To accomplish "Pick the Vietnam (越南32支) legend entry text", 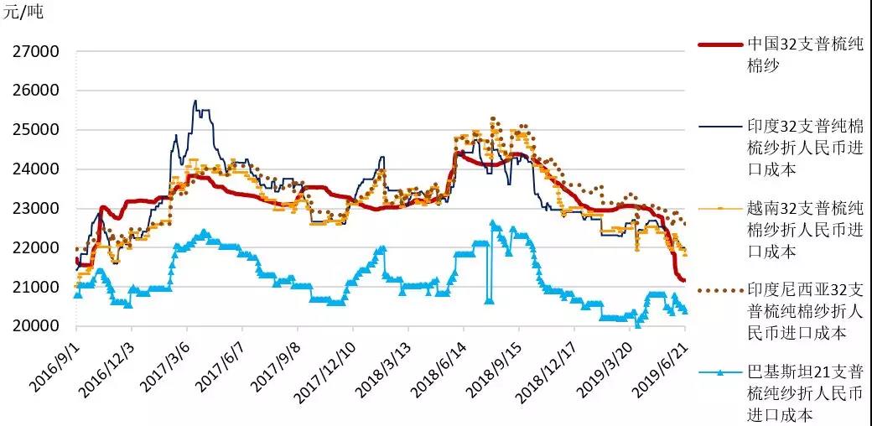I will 805,229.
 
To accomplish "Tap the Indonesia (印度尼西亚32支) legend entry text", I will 805,311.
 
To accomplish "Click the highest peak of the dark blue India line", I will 195,101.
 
